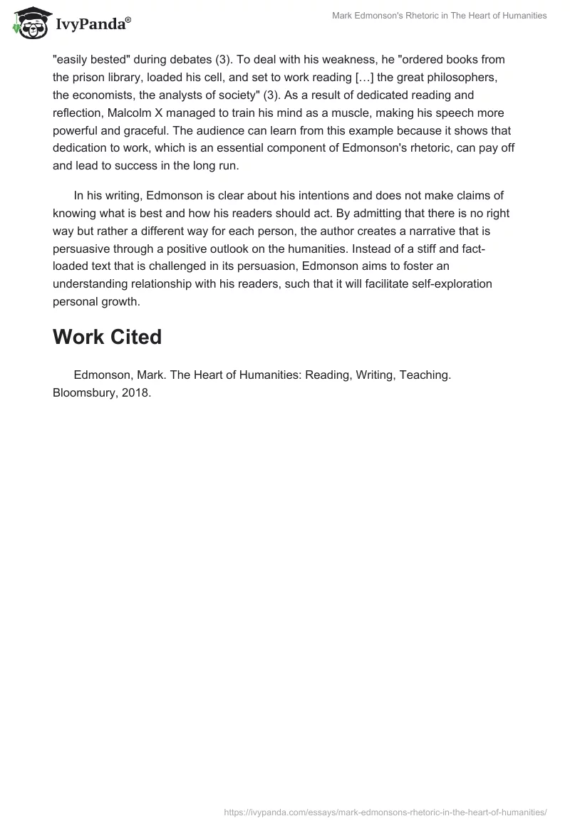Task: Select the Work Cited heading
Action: (x=107, y=337)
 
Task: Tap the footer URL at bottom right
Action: (x=385, y=812)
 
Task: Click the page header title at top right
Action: (x=440, y=16)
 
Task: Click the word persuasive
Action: (x=84, y=249)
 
